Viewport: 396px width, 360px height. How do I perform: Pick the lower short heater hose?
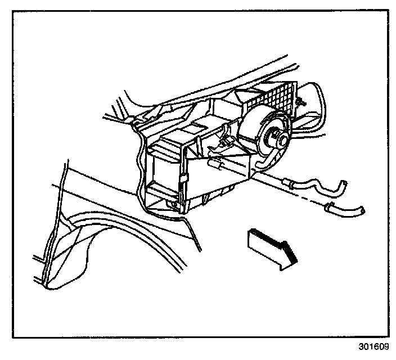(346, 211)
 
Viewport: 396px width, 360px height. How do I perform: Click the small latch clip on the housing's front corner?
(184, 179)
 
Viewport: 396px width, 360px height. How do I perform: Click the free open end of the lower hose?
(364, 211)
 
